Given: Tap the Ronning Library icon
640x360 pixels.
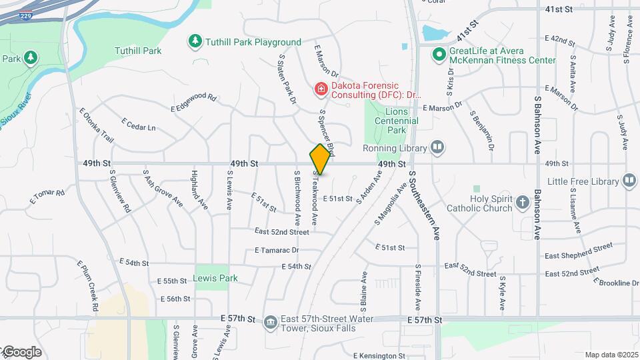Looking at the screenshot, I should pyautogui.click(x=437, y=147).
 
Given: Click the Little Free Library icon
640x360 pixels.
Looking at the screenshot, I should pyautogui.click(x=629, y=181).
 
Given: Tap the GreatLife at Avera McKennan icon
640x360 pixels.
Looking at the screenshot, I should pyautogui.click(x=439, y=55).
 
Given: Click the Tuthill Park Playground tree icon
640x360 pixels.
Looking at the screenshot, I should pyautogui.click(x=195, y=41).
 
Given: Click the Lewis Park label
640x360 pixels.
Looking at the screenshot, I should pyautogui.click(x=215, y=278).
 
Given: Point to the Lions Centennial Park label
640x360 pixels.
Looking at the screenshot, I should pyautogui.click(x=396, y=117).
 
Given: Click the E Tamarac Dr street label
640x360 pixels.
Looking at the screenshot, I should pyautogui.click(x=277, y=250).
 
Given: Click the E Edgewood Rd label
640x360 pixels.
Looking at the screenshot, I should pyautogui.click(x=194, y=102).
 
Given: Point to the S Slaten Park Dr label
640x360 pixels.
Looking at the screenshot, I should pyautogui.click(x=287, y=80).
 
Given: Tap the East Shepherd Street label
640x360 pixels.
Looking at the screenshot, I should pyautogui.click(x=578, y=251).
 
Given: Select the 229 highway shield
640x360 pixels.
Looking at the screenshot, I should pyautogui.click(x=25, y=15).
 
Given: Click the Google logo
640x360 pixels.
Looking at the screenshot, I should pyautogui.click(x=21, y=351).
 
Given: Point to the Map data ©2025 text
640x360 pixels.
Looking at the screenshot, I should pyautogui.click(x=611, y=355).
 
